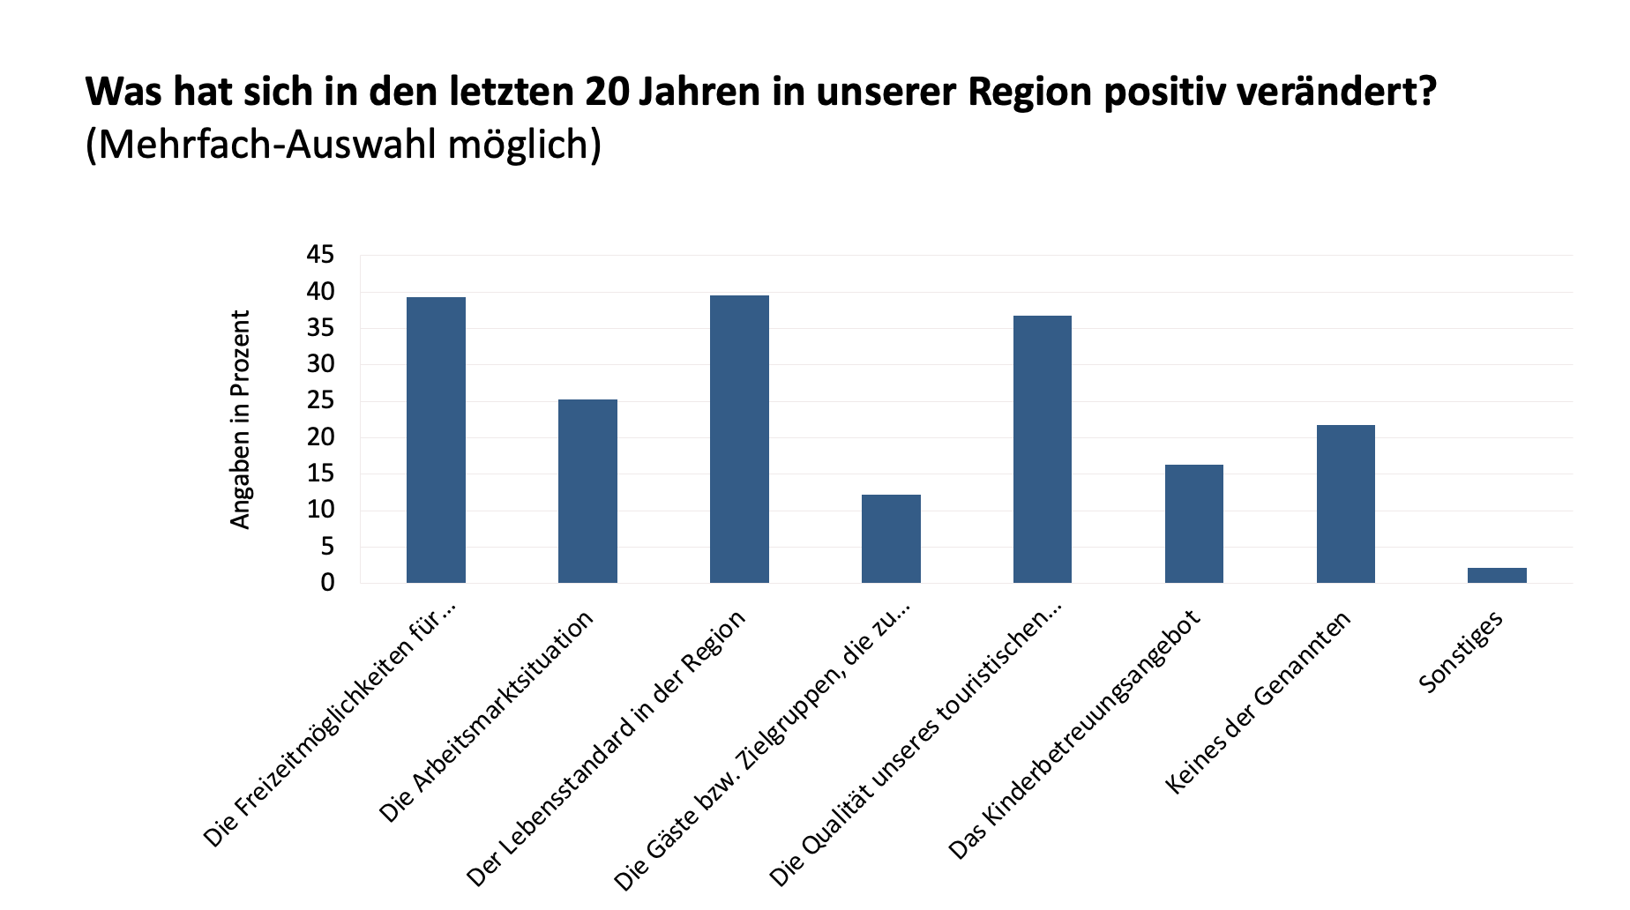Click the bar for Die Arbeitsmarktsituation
tap(587, 491)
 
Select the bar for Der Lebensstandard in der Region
tap(739, 439)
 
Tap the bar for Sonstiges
tap(1497, 575)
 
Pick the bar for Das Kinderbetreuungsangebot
tap(1193, 524)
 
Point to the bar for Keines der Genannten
tap(1345, 503)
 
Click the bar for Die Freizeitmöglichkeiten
tap(436, 440)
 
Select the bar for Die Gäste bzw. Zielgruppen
tap(891, 539)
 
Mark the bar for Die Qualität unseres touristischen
tap(1042, 449)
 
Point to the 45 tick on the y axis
tap(320, 255)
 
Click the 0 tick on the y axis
tap(328, 583)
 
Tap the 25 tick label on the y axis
tap(320, 400)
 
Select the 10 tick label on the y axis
tap(320, 510)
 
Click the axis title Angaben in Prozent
tap(240, 420)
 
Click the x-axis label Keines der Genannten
tap(1258, 703)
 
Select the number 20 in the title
tap(607, 92)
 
